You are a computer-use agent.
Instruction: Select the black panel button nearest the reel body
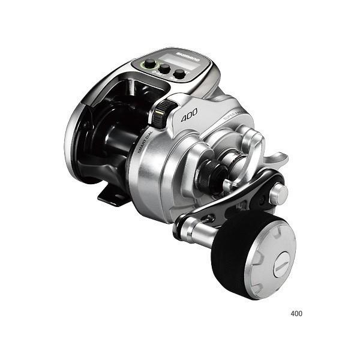(178, 74)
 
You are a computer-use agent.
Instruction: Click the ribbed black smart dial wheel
(161, 114)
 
